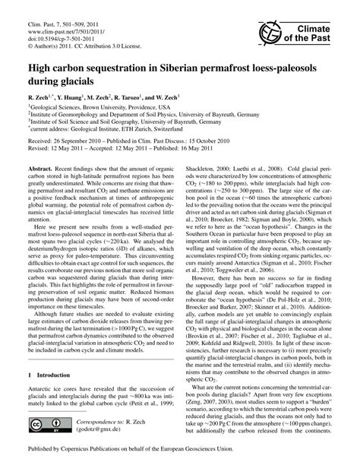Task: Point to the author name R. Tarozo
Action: pos(138,97)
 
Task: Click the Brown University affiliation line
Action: pos(92,109)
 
